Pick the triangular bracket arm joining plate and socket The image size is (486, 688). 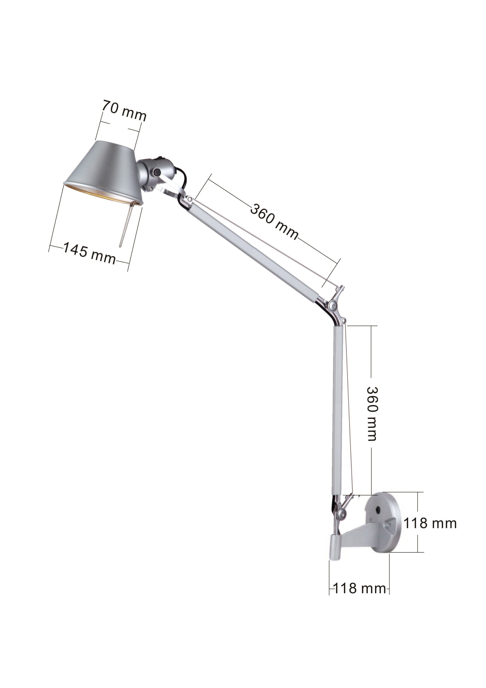point(359,534)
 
